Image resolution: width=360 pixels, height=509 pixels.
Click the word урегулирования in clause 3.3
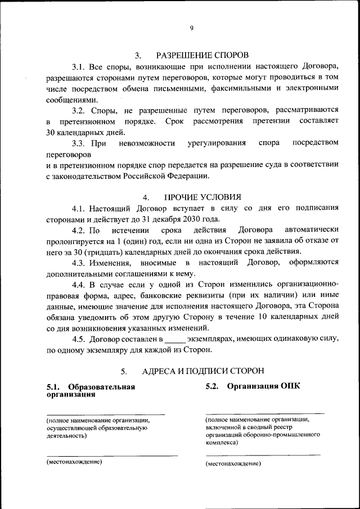[x=217, y=143]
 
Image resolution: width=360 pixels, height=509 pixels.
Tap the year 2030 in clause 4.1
[x=187, y=219]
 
